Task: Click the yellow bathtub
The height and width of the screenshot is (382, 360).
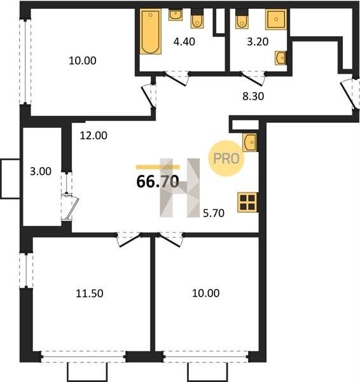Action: point(151,32)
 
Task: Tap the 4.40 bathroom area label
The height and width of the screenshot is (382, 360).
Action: point(184,41)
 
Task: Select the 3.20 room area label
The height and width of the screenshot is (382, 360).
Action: point(258,41)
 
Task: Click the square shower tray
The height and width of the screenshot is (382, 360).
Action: point(276,20)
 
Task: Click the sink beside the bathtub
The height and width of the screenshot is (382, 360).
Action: point(176,15)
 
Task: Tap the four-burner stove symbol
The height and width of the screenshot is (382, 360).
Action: point(247,202)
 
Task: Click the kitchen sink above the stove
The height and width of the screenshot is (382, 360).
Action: point(250,142)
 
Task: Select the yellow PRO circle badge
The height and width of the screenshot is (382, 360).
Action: point(226,159)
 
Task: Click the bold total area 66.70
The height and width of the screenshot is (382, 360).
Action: point(158,181)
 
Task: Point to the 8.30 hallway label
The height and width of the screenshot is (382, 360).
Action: point(253,97)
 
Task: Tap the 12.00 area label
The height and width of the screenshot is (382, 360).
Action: point(93,136)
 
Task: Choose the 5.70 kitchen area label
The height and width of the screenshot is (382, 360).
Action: point(214,213)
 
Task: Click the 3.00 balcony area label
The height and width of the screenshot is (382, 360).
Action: point(41,171)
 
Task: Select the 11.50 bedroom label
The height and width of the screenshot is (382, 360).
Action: point(90,294)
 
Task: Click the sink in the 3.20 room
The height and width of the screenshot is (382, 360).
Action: point(280,58)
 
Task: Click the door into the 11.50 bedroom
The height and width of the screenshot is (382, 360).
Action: point(129,241)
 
